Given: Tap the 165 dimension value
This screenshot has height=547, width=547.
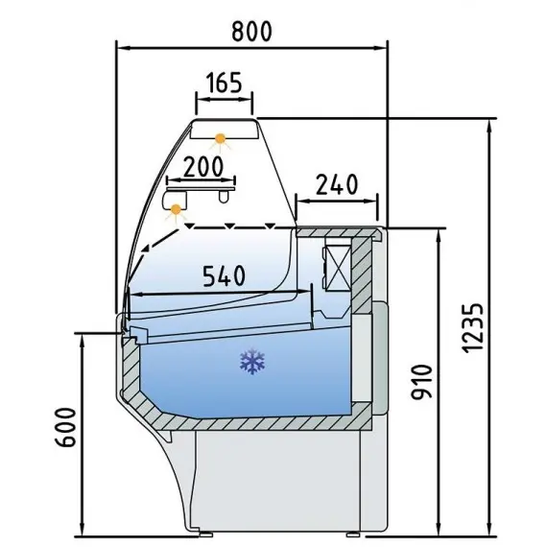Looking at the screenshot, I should [x=224, y=83].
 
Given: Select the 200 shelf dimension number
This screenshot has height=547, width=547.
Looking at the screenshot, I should [x=208, y=165].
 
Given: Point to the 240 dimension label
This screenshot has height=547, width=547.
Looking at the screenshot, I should [x=336, y=183].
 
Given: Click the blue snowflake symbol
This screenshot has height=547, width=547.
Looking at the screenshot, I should [x=252, y=362].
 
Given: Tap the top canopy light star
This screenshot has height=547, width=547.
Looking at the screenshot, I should [x=223, y=140].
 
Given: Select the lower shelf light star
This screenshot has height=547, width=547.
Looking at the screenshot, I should [x=175, y=211].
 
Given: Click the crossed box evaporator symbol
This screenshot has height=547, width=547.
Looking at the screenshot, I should [x=339, y=267].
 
